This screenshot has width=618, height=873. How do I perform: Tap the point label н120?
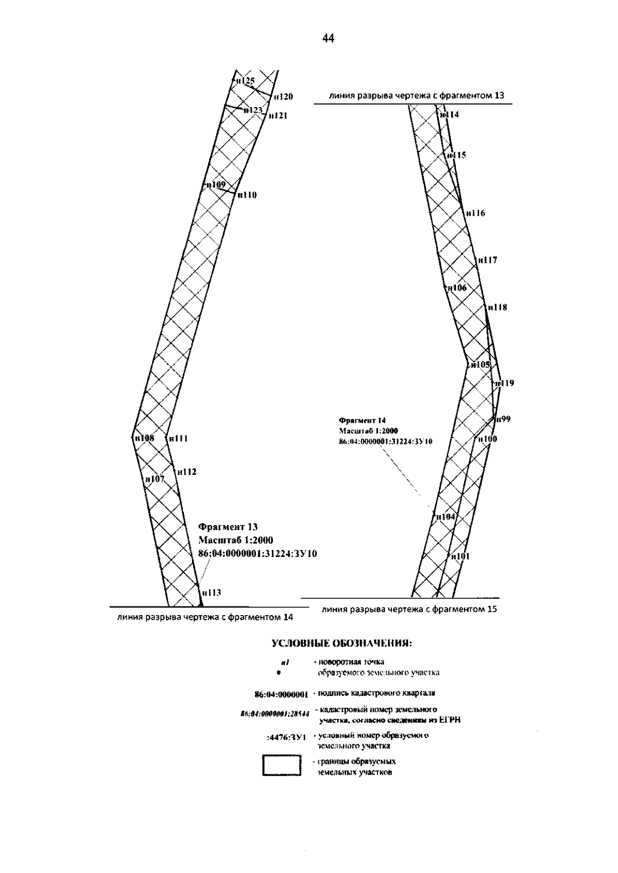point(283,96)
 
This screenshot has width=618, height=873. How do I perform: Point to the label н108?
point(144,439)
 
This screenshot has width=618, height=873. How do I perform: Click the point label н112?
point(186,472)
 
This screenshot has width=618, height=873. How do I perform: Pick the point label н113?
point(211,592)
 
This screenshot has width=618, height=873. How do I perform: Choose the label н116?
point(475,213)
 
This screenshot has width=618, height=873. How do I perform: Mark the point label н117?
point(487,260)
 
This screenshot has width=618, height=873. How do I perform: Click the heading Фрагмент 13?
point(228,527)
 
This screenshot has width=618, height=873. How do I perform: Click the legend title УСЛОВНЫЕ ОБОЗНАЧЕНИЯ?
point(341,643)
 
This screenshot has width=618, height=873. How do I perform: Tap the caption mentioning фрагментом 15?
point(409,610)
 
